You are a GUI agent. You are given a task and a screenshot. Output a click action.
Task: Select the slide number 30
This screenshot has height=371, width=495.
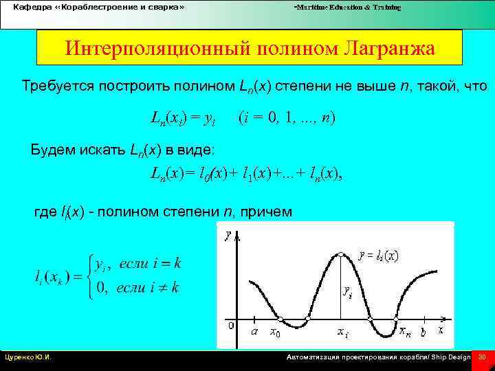(x=482, y=357)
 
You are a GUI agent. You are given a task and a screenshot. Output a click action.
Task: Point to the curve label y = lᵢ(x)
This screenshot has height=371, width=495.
(x=378, y=256)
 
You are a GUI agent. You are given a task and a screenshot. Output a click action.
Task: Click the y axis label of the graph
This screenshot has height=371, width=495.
(x=228, y=236)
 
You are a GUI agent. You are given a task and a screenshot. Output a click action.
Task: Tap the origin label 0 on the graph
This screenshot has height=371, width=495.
(x=231, y=324)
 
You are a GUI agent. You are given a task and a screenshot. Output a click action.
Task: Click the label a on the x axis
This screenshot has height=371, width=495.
(x=254, y=331)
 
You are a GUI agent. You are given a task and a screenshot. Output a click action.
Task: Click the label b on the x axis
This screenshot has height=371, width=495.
(x=423, y=331)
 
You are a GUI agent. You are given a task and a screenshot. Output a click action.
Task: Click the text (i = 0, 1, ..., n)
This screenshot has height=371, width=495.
(x=287, y=117)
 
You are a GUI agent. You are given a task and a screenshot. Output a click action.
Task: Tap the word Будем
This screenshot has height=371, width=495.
(x=54, y=150)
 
